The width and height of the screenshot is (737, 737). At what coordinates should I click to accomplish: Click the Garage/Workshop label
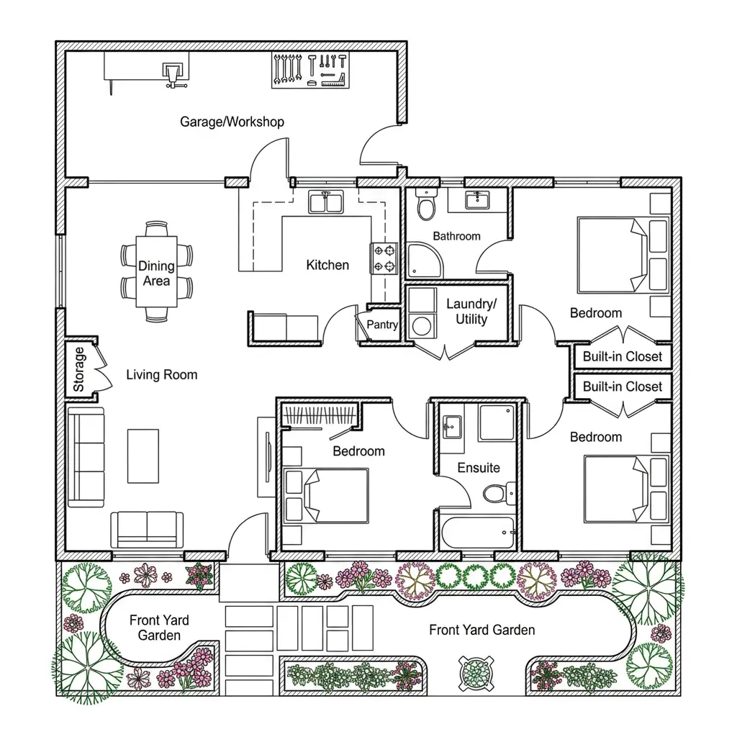(x=232, y=122)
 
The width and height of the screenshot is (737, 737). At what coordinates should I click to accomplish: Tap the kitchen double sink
(x=326, y=202)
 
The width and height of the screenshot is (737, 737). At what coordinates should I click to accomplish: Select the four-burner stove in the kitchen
(x=384, y=258)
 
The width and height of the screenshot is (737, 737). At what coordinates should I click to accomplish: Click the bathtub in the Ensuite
(x=478, y=533)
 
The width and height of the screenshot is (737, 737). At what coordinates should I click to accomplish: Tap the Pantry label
(x=382, y=325)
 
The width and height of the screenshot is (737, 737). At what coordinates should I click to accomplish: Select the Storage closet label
(x=78, y=369)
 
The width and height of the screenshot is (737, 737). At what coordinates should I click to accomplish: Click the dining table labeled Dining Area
(x=156, y=271)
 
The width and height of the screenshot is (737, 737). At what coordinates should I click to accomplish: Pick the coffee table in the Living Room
(x=143, y=456)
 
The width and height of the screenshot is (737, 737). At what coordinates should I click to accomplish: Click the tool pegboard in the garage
(x=310, y=71)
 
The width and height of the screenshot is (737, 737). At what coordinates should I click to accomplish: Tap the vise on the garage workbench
(x=172, y=75)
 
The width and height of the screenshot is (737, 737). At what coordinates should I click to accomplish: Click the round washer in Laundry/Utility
(x=421, y=326)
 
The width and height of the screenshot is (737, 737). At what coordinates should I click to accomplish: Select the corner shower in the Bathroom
(x=424, y=260)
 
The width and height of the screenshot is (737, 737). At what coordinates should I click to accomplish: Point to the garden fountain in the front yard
(x=476, y=673)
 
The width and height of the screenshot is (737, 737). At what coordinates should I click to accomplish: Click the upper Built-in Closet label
(x=623, y=356)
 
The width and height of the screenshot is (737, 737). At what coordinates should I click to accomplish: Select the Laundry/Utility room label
(x=471, y=311)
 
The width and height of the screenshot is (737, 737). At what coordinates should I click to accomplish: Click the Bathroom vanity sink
(x=477, y=199)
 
